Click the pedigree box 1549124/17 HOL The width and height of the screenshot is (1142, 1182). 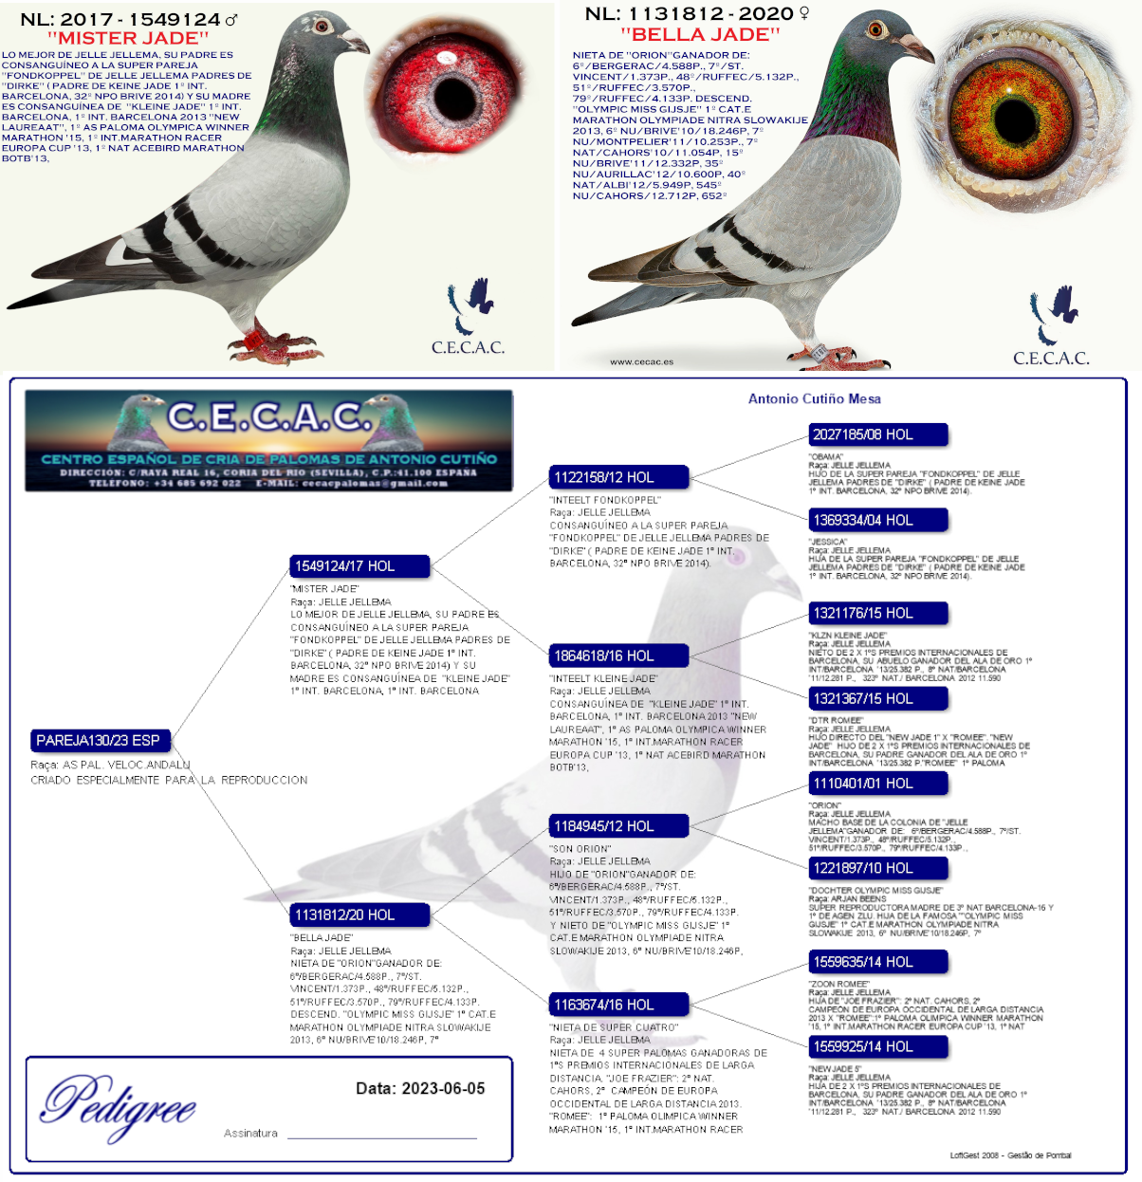(359, 566)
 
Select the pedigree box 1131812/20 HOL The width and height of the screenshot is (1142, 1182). (359, 915)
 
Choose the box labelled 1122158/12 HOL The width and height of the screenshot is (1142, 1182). (618, 477)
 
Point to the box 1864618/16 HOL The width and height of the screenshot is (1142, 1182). (618, 656)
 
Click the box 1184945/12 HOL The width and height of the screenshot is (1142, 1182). (618, 826)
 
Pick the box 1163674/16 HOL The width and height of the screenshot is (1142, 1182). (618, 1005)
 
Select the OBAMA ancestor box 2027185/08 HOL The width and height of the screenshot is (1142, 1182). (877, 435)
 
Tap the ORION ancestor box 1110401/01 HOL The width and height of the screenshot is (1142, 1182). (877, 784)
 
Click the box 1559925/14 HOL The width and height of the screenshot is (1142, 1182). (877, 1047)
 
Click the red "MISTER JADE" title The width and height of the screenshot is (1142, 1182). (128, 38)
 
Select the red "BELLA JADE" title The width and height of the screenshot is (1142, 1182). (701, 35)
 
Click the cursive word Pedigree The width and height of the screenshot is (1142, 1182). (119, 1105)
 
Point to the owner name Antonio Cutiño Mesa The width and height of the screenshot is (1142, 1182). (814, 399)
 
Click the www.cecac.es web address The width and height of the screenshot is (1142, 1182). (641, 361)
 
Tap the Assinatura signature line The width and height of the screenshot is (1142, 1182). (381, 1136)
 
